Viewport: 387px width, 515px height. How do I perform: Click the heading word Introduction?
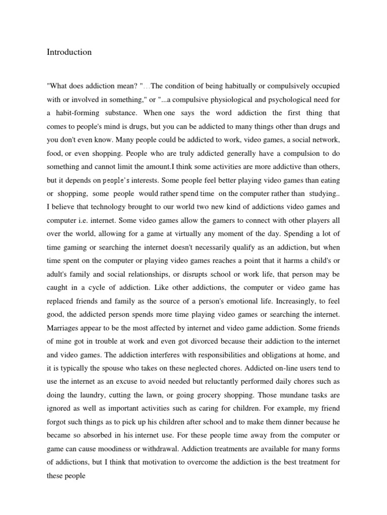point(70,52)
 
